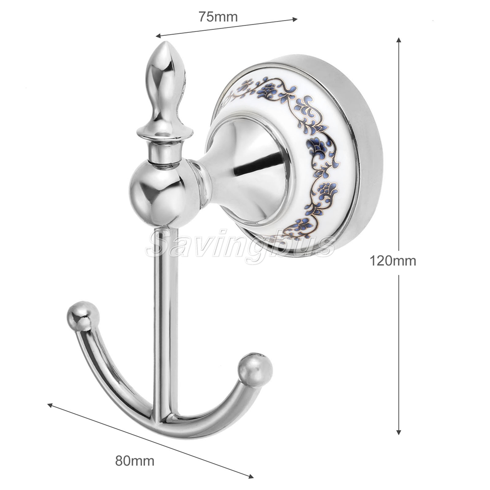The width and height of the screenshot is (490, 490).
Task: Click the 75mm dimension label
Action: [x=218, y=17]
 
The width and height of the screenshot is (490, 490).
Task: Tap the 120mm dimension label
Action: [x=393, y=260]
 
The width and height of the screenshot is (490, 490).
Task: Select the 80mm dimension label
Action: [x=135, y=461]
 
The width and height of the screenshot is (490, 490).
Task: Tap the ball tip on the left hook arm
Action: [x=83, y=316]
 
